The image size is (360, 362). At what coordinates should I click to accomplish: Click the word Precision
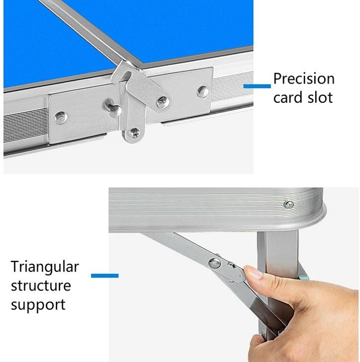coord(304,79)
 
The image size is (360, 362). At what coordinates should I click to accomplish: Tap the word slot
coord(320,97)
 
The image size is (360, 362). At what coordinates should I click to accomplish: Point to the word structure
coord(41,285)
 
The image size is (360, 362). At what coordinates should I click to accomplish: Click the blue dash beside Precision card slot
coord(257,86)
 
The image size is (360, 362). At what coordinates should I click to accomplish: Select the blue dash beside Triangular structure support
coord(105,275)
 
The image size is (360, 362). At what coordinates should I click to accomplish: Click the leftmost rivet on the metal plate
coord(61,118)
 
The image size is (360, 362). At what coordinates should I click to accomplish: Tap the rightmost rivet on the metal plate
coord(203,92)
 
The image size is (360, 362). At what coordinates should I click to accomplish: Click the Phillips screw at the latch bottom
coord(134,133)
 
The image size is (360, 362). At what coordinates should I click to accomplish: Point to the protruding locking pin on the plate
coord(113,108)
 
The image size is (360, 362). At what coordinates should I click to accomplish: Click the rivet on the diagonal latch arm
coord(163,103)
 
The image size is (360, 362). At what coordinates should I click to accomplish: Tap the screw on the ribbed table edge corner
coord(289,204)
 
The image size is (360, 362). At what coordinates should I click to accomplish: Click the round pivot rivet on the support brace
coord(215,263)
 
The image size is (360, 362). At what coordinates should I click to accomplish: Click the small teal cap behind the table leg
coord(304,277)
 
